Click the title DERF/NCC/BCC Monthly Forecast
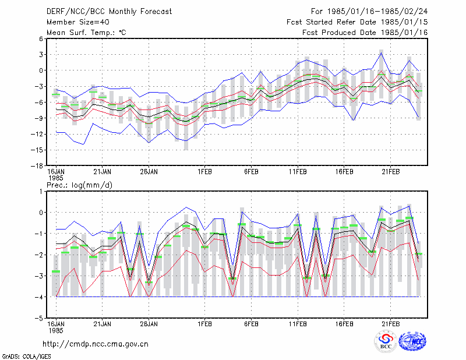coord(109,12)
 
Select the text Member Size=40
coord(78,22)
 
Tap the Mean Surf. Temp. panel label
coord(86,33)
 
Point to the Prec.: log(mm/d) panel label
coord(79,185)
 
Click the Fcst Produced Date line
coord(365,33)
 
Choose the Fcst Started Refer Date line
coord(357,22)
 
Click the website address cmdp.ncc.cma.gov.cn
coord(96,344)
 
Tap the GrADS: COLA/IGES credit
coord(26,357)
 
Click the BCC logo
coord(386,341)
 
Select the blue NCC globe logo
coord(412,341)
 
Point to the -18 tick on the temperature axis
coord(37,166)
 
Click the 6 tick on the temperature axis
coord(41,38)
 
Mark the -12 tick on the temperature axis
coord(37,134)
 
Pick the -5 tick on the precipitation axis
coord(39,318)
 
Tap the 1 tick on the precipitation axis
coord(41,192)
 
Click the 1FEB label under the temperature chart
coord(204,172)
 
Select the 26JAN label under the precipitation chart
coord(149,324)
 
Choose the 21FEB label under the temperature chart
coord(390,172)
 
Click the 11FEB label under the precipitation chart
coord(298,324)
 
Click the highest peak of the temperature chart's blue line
coord(381,53)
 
